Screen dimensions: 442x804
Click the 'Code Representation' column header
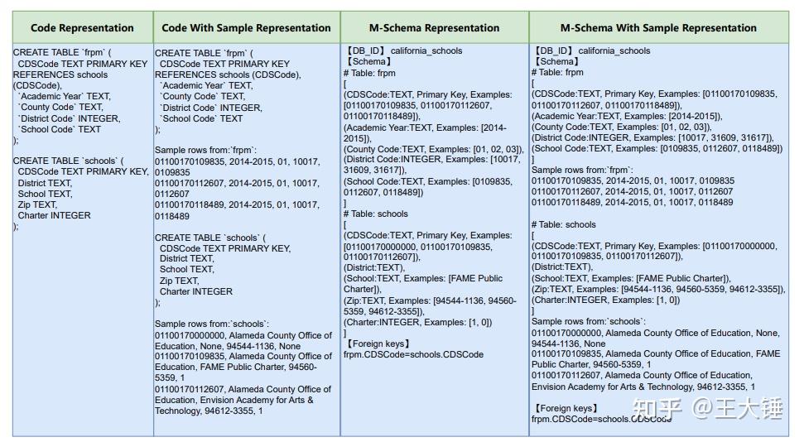[82, 28]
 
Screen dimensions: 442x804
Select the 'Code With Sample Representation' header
[246, 28]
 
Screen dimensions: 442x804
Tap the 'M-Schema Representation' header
[434, 28]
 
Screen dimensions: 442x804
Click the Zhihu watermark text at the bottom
[708, 408]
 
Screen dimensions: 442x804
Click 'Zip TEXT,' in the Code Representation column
[37, 204]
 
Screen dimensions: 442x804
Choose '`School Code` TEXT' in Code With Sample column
[201, 118]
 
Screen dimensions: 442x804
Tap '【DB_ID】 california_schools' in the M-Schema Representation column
[403, 50]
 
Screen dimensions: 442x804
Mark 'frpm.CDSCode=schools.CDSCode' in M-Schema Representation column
[413, 354]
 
